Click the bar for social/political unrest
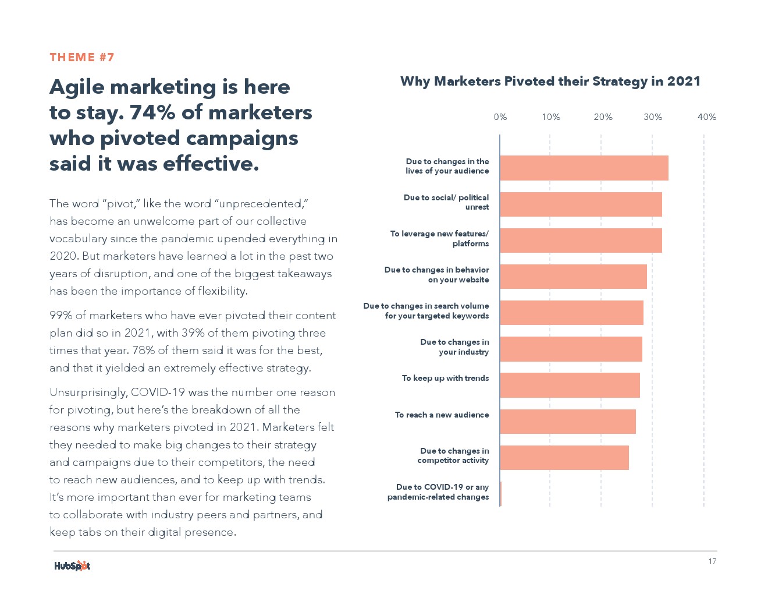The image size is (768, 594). (x=581, y=204)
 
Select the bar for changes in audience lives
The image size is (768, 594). (x=584, y=168)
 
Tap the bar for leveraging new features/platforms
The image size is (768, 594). (x=581, y=241)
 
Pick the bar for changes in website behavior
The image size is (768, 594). (x=573, y=277)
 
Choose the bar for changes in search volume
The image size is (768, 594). (x=571, y=313)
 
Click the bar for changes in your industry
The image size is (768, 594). (x=571, y=349)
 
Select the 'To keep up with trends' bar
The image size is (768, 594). (x=570, y=385)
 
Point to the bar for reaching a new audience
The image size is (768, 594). (x=567, y=422)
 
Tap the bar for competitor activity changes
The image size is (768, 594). (x=564, y=458)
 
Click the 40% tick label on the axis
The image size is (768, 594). (x=706, y=117)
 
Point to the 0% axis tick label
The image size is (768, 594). (x=500, y=117)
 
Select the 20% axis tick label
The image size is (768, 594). (x=603, y=117)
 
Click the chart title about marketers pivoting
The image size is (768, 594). (x=550, y=82)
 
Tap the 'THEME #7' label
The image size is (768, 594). (x=82, y=57)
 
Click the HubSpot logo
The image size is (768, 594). (x=72, y=565)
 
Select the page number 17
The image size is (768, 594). (x=712, y=561)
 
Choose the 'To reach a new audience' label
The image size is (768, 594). (x=442, y=415)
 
